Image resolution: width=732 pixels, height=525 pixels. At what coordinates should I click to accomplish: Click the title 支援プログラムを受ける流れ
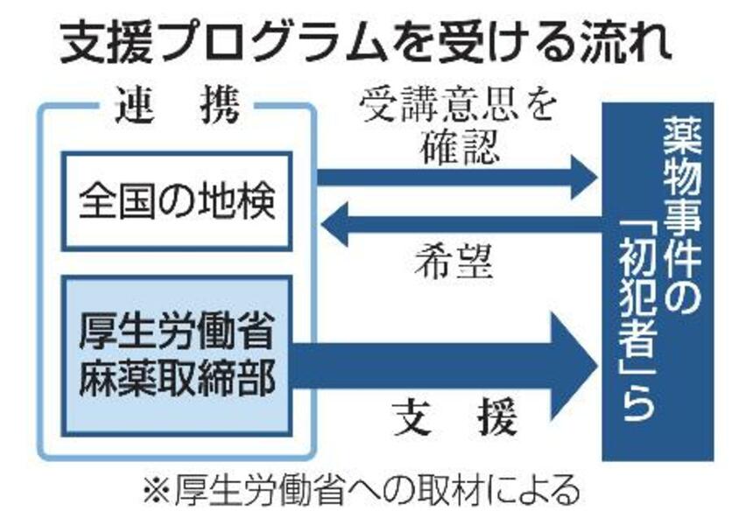366,44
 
